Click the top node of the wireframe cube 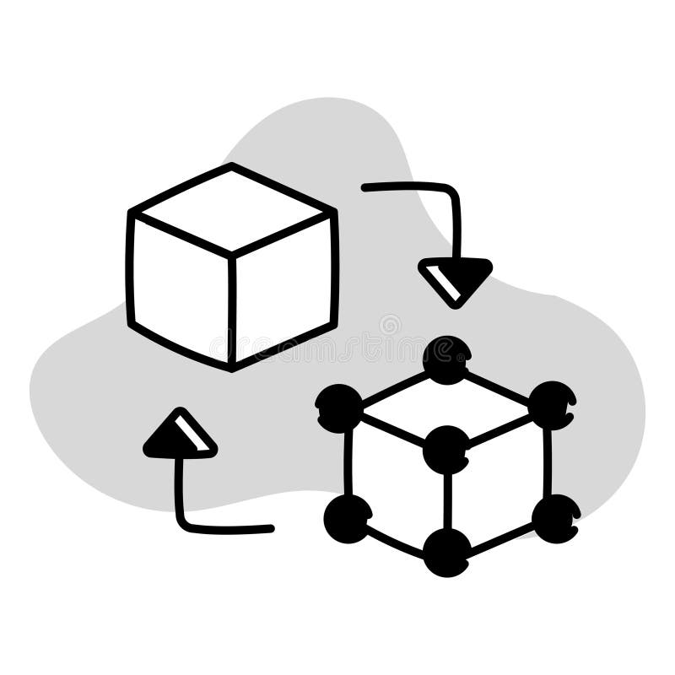[x=446, y=359]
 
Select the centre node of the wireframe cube [x=446, y=449]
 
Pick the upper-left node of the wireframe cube [x=339, y=408]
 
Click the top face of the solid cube [x=231, y=208]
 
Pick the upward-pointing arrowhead [x=180, y=435]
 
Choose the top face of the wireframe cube [x=446, y=405]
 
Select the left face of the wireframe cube [x=395, y=482]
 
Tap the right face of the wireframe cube [x=499, y=482]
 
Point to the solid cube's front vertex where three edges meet [x=232, y=252]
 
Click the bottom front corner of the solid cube [x=232, y=365]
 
